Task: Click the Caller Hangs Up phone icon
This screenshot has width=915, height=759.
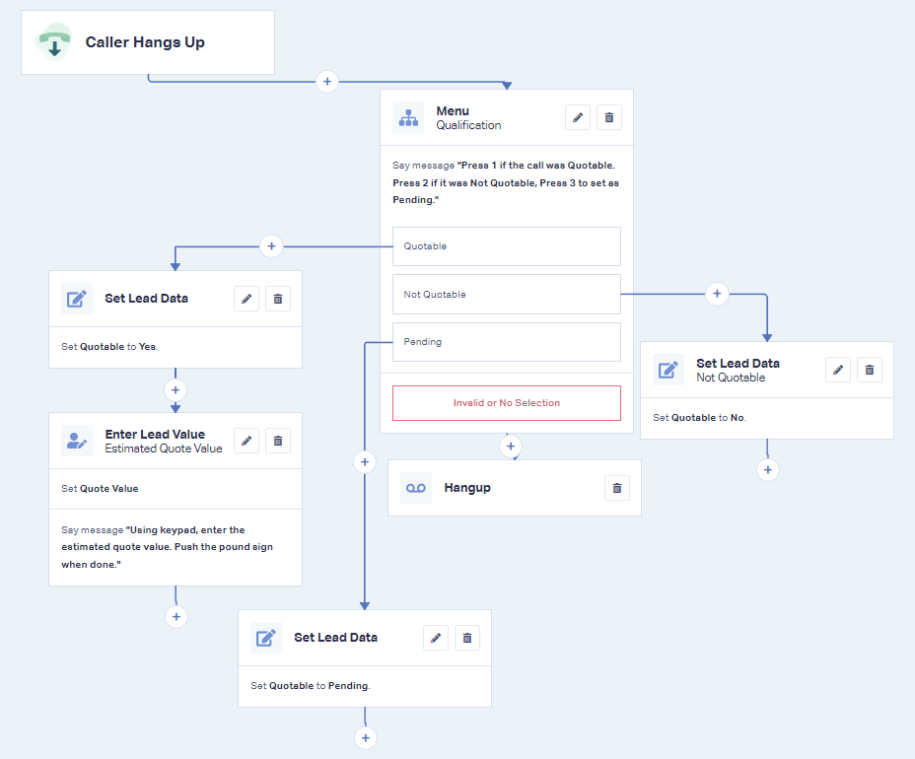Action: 53,42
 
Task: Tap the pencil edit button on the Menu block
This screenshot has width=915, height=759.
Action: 578,118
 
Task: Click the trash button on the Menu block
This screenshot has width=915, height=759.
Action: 609,118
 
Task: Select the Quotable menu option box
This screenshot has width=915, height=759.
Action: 507,246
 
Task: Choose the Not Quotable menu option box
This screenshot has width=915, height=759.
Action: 507,294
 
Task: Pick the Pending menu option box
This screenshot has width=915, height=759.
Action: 507,342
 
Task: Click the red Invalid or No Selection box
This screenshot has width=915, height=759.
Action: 507,403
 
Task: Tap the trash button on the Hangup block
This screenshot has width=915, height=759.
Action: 617,488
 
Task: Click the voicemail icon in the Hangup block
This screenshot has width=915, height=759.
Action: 416,488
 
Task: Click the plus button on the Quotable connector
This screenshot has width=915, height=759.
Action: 271,246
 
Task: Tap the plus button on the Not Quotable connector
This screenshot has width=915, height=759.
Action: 717,294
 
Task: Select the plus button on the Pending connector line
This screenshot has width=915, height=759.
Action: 365,462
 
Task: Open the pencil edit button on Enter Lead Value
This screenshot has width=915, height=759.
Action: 246,441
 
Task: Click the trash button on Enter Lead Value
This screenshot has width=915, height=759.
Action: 278,441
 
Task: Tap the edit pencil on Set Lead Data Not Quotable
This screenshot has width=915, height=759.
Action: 838,370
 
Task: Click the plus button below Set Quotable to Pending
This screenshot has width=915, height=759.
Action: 365,738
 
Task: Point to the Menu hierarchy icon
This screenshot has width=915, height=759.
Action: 408,118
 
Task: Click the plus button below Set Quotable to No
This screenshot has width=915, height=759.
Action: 768,469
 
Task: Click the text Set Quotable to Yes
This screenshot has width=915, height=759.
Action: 109,347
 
